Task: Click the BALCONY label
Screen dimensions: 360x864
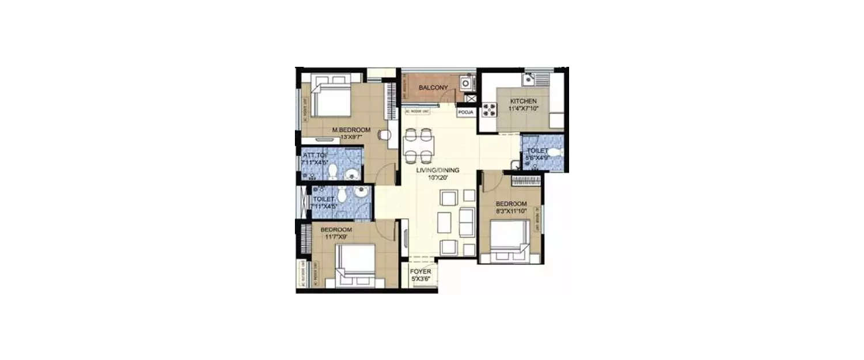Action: pyautogui.click(x=433, y=88)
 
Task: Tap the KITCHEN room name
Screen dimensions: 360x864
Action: pyautogui.click(x=523, y=101)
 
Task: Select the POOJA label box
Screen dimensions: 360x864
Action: pyautogui.click(x=465, y=112)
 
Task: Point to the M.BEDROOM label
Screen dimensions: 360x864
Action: pyautogui.click(x=351, y=130)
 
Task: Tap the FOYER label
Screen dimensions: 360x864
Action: pyautogui.click(x=420, y=272)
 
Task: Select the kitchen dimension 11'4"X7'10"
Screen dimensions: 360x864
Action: pyautogui.click(x=524, y=108)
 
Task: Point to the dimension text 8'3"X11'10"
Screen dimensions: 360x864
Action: pyautogui.click(x=511, y=211)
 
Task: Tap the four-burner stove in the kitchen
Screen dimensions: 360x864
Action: pyautogui.click(x=489, y=109)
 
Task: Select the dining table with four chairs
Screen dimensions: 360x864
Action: pyautogui.click(x=419, y=145)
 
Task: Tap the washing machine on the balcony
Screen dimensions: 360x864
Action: pyautogui.click(x=465, y=84)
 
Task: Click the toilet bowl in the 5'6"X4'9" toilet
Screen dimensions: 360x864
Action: pyautogui.click(x=552, y=152)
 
